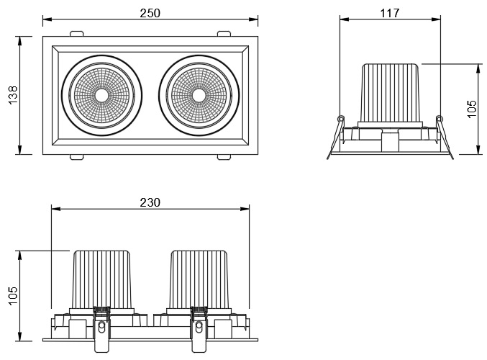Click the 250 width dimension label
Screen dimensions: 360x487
coord(150,13)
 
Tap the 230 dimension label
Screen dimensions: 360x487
coord(150,202)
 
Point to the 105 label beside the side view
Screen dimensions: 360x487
coord(472,109)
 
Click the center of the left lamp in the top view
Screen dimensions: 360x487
coord(101,95)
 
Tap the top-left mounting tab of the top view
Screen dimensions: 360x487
coord(77,33)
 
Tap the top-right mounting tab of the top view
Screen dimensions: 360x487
coord(224,33)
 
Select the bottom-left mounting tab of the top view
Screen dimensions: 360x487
coord(77,156)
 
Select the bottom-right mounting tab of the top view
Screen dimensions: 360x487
coord(224,156)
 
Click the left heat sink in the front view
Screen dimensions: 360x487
coord(101,279)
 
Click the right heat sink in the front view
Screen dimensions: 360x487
coord(199,279)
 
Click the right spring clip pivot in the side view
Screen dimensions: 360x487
coord(439,118)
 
